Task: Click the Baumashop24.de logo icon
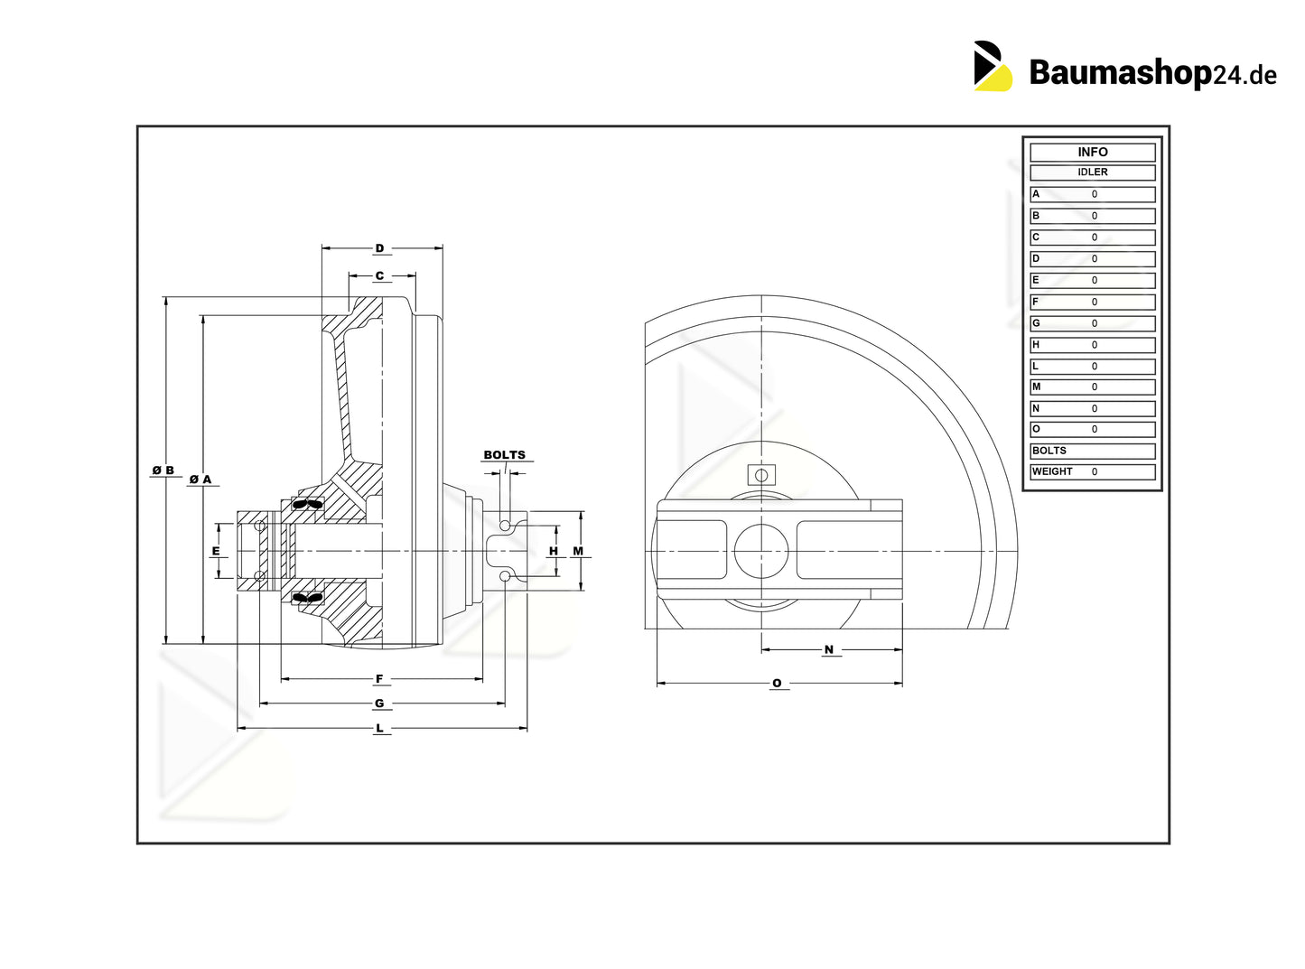pos(993,66)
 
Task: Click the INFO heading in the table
pos(1092,153)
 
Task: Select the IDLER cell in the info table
pos(1092,172)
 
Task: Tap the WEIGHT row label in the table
pos(1052,471)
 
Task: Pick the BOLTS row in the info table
pos(1092,451)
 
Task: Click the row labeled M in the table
pos(1092,387)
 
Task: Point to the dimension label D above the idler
pos(379,248)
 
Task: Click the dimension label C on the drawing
pos(379,276)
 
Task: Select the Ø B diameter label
pos(163,471)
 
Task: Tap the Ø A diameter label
pos(200,480)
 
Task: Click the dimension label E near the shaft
pos(216,551)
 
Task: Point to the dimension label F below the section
pos(379,679)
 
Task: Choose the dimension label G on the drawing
pos(379,703)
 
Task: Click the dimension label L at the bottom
pos(379,728)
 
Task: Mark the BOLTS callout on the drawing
pos(504,455)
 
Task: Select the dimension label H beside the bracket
pos(554,551)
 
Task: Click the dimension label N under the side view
pos(829,649)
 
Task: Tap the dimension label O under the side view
pos(777,684)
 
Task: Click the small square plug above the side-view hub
pos(761,475)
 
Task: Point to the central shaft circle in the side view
pos(761,551)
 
